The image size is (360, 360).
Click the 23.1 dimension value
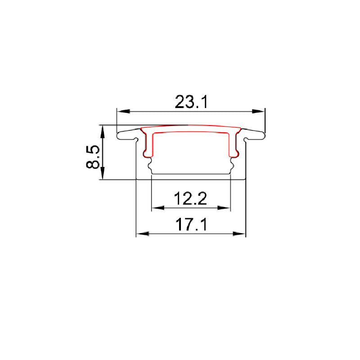[191, 102]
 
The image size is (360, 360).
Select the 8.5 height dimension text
[93, 157]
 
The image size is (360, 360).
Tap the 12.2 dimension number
[191, 198]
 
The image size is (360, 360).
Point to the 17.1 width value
[191, 225]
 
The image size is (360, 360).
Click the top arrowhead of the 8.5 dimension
[103, 130]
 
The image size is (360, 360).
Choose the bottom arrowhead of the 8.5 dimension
[103, 175]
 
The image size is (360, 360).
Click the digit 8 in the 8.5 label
[93, 163]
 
